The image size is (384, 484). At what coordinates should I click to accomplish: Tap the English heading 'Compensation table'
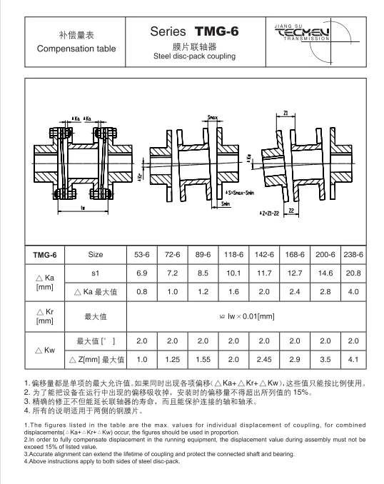pos(76,49)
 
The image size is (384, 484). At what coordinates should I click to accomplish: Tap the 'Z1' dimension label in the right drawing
pos(285,112)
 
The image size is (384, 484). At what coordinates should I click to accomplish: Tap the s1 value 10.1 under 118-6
pos(233,273)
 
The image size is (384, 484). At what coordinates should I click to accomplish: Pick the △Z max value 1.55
pos(203,359)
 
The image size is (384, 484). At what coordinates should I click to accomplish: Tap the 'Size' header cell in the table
pos(96,254)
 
